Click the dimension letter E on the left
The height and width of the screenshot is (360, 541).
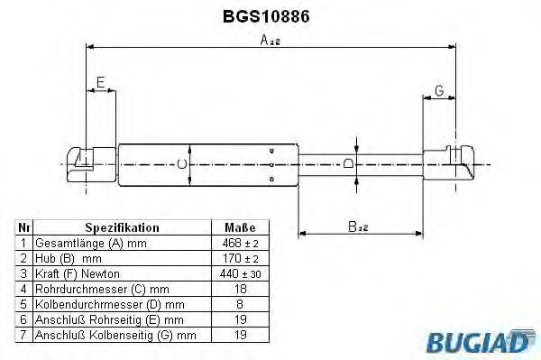pyautogui.click(x=101, y=82)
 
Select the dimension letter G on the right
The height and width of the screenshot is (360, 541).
pyautogui.click(x=438, y=90)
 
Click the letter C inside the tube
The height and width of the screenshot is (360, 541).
pyautogui.click(x=181, y=164)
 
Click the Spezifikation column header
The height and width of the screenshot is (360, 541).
pyautogui.click(x=122, y=228)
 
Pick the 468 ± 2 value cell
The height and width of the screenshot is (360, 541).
pyautogui.click(x=239, y=244)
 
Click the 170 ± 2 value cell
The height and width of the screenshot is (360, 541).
pyautogui.click(x=239, y=258)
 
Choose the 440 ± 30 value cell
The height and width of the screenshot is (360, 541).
pyautogui.click(x=239, y=273)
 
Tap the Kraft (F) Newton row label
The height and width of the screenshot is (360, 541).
pyautogui.click(x=77, y=273)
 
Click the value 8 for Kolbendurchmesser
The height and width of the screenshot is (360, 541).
pyautogui.click(x=239, y=304)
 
